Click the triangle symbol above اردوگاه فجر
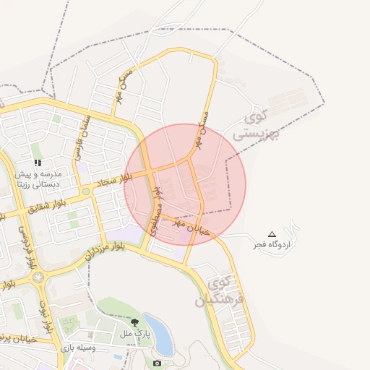click(272, 233)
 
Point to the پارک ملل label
click(134, 334)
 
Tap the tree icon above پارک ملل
click(134, 322)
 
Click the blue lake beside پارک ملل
click(158, 334)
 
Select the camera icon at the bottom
click(157, 362)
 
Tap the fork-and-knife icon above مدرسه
click(38, 163)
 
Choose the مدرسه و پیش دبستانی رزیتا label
click(40, 179)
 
